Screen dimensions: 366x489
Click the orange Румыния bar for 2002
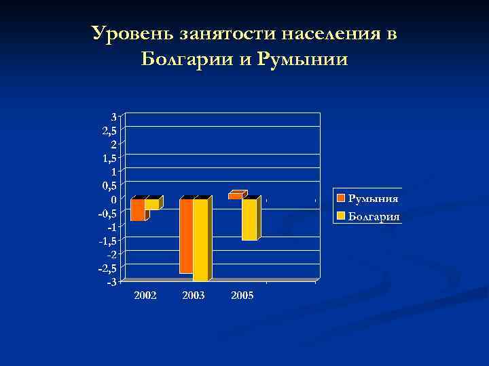pos(138,209)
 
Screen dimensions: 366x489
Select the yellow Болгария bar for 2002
pos(151,204)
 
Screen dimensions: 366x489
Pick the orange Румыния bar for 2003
pos(186,236)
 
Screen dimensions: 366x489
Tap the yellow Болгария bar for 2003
pos(200,239)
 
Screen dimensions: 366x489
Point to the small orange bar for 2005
pos(235,196)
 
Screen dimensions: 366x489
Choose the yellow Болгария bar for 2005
pos(249,220)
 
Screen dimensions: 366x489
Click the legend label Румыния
pos(373,199)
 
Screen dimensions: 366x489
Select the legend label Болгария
pos(374,217)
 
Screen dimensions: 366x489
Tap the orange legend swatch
pos(342,199)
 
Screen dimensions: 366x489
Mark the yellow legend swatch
pos(342,217)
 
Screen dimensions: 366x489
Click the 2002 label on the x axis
pos(145,296)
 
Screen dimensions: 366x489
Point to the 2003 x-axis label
pos(194,296)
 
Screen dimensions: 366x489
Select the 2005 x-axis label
pos(242,296)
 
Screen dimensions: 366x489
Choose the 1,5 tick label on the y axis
pos(110,157)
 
